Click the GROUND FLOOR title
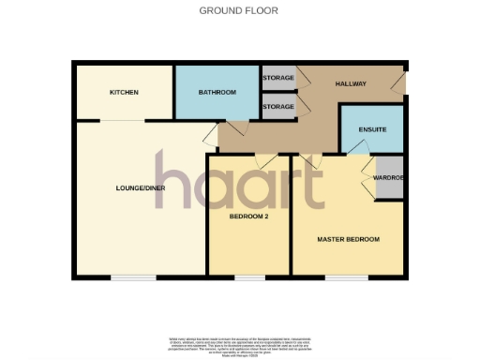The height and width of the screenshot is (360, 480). click(239, 10)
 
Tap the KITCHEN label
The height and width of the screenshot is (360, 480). click(124, 92)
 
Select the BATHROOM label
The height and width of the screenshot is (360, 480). click(217, 92)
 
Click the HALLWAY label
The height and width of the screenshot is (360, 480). click(351, 84)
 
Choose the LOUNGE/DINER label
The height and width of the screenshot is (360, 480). click(140, 187)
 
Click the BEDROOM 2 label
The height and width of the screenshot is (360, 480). click(249, 216)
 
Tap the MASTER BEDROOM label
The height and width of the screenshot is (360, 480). click(348, 239)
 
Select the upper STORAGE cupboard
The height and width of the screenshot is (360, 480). click(278, 78)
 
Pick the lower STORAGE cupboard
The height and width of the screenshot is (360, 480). click(278, 107)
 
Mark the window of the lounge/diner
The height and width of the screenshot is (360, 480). click(133, 277)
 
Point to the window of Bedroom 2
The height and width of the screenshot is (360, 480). click(248, 277)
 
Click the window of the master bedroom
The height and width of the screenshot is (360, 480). click(348, 277)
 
